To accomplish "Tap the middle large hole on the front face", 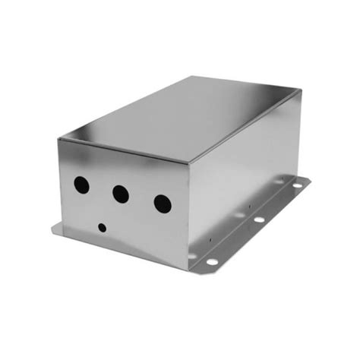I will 120,194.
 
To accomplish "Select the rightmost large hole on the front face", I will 162,203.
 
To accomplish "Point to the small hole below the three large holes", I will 102,226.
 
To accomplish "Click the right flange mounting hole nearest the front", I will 213,261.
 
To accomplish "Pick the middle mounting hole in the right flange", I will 259,219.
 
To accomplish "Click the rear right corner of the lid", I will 302,90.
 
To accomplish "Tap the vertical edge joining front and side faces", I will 189,213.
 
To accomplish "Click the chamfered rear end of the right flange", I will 310,180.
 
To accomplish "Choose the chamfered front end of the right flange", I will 199,271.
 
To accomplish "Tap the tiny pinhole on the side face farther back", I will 251,204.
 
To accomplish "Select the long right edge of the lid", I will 247,125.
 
